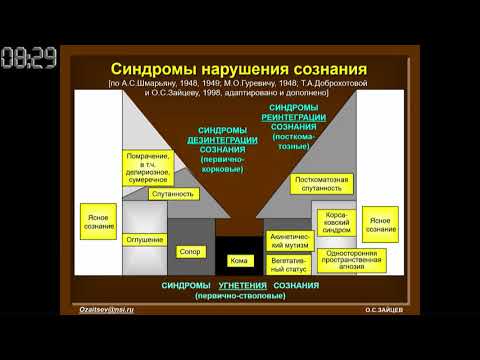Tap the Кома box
pos(239,261)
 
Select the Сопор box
pos(190,252)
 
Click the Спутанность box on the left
pos(172,193)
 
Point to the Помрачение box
pos(148,166)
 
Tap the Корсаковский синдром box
pos(335,222)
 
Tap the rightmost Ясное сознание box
pos(380,225)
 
